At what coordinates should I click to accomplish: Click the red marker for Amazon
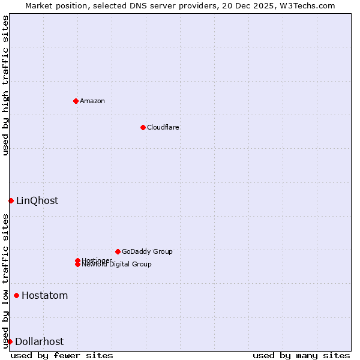click(76, 101)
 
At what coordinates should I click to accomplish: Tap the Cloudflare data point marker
click(143, 127)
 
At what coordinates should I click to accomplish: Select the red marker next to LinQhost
click(11, 200)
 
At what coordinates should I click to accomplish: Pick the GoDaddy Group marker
click(118, 251)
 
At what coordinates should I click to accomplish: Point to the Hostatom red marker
click(16, 295)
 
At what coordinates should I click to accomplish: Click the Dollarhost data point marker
click(10, 341)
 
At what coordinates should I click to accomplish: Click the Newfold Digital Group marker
click(77, 265)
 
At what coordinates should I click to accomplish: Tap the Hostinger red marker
click(77, 260)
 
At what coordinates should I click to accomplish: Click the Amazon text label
click(92, 101)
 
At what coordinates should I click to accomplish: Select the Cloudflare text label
click(163, 127)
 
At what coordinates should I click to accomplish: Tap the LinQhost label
click(37, 201)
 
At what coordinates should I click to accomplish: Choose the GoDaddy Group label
click(147, 251)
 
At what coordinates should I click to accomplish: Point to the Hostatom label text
click(45, 296)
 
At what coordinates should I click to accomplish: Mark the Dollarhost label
click(40, 342)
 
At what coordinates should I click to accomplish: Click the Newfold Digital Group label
click(117, 265)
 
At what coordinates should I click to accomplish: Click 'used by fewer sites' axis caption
click(62, 356)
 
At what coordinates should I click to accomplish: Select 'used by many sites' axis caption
click(301, 356)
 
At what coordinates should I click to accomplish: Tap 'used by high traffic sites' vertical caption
click(6, 85)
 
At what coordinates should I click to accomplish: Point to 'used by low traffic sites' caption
click(6, 281)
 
